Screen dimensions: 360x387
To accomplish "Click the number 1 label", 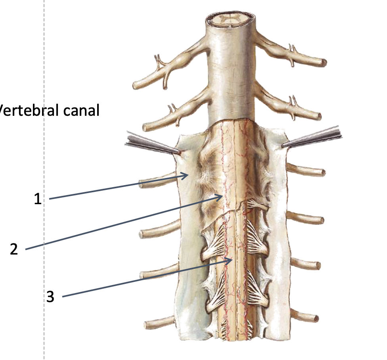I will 38,198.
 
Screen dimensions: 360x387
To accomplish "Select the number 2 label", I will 14,249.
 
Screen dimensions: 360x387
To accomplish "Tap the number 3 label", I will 50,297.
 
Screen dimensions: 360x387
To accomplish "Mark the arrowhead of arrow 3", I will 231,260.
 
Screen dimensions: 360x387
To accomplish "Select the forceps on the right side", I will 313,139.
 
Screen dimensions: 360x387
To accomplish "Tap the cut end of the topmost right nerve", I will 324,62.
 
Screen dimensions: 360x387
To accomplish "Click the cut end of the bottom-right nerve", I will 316,318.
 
